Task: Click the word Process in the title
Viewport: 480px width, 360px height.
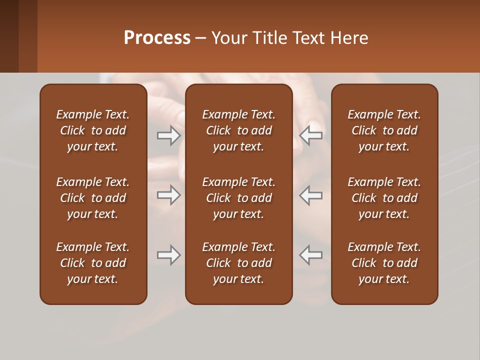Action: [x=157, y=38]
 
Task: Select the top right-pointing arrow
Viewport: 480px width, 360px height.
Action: [x=169, y=135]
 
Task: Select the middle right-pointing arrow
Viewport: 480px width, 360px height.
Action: [x=169, y=195]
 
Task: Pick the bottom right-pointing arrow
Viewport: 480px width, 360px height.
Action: [x=169, y=255]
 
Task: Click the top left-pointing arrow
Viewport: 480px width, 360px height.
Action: [x=311, y=135]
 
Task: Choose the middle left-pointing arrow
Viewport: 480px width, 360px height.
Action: [x=311, y=195]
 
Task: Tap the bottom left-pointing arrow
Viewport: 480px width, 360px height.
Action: [x=311, y=255]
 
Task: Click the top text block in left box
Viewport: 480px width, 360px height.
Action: [x=93, y=130]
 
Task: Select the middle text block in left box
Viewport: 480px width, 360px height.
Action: [x=93, y=198]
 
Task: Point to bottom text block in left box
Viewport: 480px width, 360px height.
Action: [x=93, y=263]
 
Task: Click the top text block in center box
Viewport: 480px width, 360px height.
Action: [x=238, y=130]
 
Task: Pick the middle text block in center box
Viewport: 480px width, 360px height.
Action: [x=238, y=198]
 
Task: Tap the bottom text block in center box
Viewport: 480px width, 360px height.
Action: [x=238, y=263]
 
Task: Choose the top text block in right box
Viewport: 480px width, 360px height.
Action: [x=384, y=130]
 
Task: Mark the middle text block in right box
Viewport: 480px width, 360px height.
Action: [x=384, y=198]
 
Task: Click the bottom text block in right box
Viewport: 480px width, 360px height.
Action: [x=384, y=263]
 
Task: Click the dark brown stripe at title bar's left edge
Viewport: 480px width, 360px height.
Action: [x=9, y=36]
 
